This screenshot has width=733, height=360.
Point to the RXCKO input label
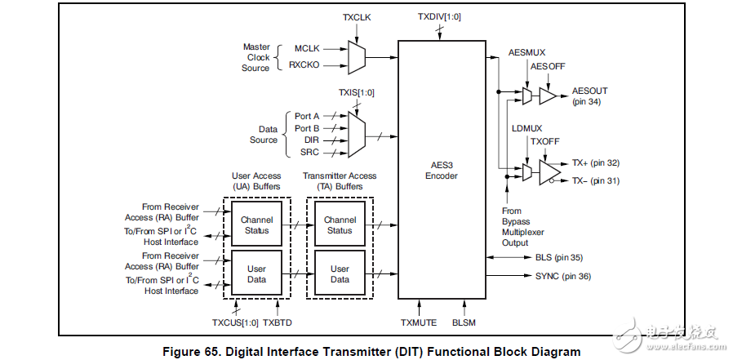click(x=304, y=64)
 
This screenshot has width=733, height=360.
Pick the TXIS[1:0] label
click(x=356, y=92)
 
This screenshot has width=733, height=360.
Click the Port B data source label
click(x=307, y=128)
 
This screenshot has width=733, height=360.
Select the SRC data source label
click(x=309, y=152)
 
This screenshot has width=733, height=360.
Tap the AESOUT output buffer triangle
click(x=548, y=96)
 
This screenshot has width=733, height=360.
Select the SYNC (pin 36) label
click(x=563, y=276)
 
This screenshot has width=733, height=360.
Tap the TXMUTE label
click(x=417, y=322)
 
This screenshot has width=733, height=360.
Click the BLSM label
click(x=464, y=322)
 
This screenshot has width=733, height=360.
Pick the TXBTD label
click(x=278, y=322)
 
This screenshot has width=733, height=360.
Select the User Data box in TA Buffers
click(x=340, y=273)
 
